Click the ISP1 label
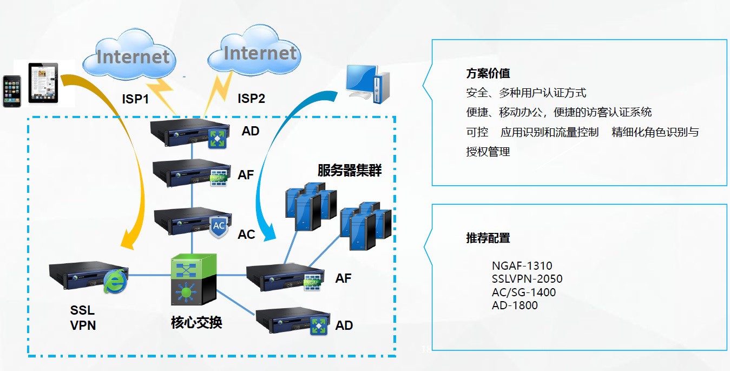[135, 99]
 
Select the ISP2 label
[251, 99]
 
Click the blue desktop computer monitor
[362, 80]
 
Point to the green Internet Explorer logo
[115, 281]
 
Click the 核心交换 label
[196, 323]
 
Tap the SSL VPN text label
[83, 317]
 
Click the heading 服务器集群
[350, 171]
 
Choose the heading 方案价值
[488, 74]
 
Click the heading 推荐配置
[488, 238]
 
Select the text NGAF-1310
[522, 266]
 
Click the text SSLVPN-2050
[527, 279]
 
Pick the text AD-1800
[515, 305]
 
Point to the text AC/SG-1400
[523, 292]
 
